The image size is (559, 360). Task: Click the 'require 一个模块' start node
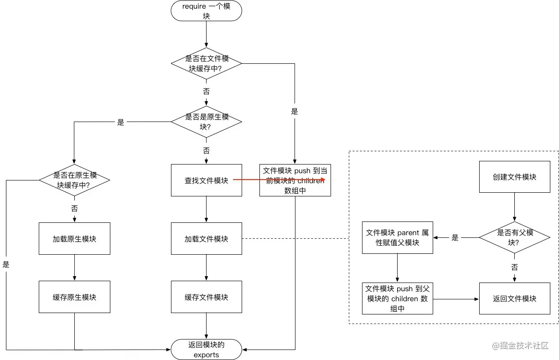point(206,11)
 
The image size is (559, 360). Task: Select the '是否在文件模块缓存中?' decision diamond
point(206,64)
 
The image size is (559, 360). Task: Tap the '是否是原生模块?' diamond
point(206,122)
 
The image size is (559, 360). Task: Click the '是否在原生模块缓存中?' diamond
point(74,180)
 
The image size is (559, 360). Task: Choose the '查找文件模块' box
point(206,180)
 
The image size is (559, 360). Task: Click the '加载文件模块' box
point(206,239)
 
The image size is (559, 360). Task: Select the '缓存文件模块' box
point(206,297)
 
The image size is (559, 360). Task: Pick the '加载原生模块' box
point(74,239)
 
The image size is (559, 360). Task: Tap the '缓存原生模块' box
point(74,297)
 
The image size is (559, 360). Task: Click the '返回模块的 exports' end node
point(206,350)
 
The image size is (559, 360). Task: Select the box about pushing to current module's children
point(295,180)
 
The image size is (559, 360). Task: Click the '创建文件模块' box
point(514,177)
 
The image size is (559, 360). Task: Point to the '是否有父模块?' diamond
point(514,237)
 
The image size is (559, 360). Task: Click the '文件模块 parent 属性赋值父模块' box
point(397,237)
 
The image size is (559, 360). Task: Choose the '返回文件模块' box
point(514,298)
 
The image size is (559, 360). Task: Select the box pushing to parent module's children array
point(397,298)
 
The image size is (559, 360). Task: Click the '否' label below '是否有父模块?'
point(514,267)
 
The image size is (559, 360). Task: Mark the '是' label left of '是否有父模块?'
point(455,237)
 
